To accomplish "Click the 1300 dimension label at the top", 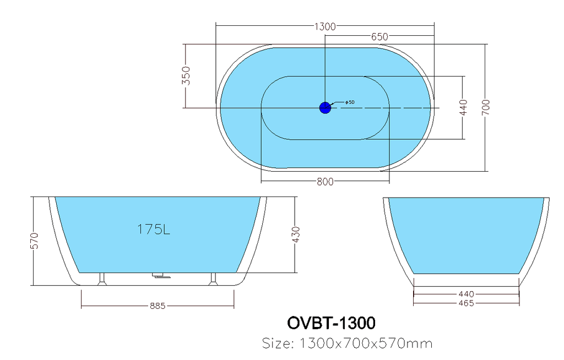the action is [325, 26].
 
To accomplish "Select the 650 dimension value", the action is [380, 37].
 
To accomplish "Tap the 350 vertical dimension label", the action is [186, 75].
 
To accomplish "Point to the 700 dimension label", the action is [486, 107].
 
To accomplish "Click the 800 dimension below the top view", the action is [325, 182].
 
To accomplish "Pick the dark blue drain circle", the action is [325, 107].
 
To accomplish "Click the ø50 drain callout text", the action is [350, 102].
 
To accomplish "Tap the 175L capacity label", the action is [154, 229].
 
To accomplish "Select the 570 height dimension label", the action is [35, 241].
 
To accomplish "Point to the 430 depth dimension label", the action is [296, 234].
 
